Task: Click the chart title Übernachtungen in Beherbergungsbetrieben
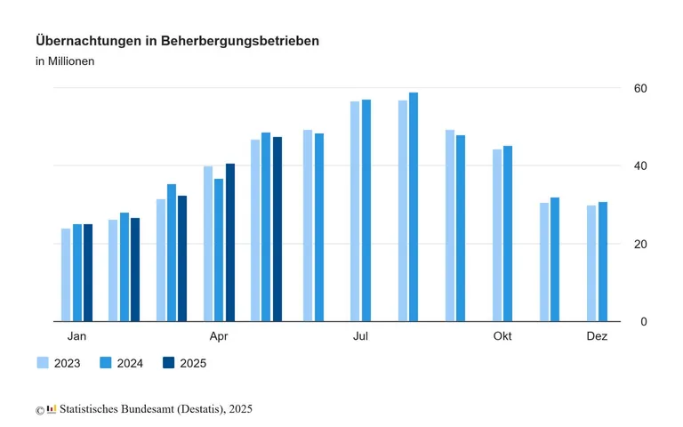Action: click(x=177, y=41)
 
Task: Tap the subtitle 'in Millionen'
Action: click(x=65, y=61)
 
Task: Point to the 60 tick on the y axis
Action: click(x=639, y=88)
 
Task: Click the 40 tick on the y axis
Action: click(x=639, y=165)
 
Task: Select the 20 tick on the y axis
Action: click(x=639, y=244)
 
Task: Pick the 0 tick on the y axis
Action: click(x=643, y=321)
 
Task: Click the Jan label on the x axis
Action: click(x=77, y=336)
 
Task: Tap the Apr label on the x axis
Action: click(x=219, y=336)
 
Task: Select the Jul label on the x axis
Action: click(x=360, y=336)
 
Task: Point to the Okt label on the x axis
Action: click(x=502, y=336)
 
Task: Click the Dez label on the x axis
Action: click(x=597, y=336)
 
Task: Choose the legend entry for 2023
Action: click(x=59, y=363)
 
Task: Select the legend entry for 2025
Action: click(x=184, y=363)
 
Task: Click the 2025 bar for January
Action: click(x=88, y=272)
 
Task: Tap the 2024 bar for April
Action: click(x=219, y=249)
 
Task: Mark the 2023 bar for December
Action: click(x=591, y=263)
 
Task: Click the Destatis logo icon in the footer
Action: click(x=52, y=409)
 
